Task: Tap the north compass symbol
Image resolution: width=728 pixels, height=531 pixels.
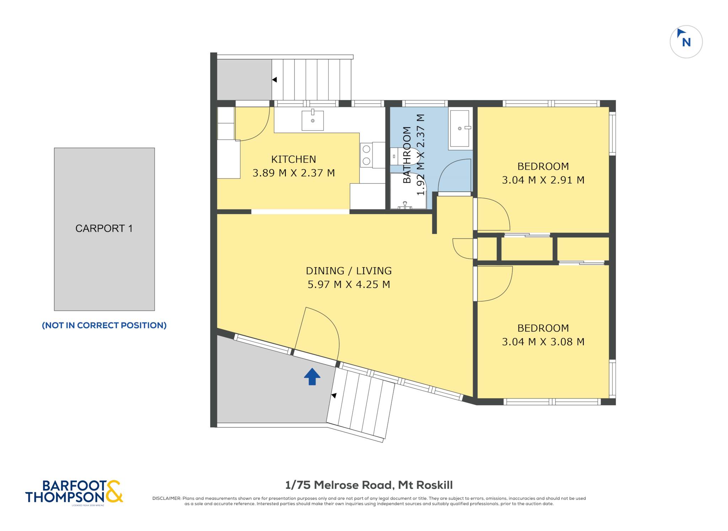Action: pyautogui.click(x=686, y=42)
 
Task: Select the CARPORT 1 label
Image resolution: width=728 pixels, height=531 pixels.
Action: pyautogui.click(x=104, y=228)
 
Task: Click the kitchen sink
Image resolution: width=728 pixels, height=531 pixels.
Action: pyautogui.click(x=313, y=120)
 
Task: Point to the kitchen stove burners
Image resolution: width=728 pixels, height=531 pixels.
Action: pyautogui.click(x=366, y=155)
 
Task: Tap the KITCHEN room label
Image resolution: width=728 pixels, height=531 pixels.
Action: pyautogui.click(x=294, y=159)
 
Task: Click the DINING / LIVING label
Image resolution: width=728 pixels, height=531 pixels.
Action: pyautogui.click(x=349, y=271)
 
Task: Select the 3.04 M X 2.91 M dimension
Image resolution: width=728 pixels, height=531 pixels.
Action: pyautogui.click(x=543, y=180)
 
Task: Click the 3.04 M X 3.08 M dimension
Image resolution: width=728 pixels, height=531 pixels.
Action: pyautogui.click(x=543, y=342)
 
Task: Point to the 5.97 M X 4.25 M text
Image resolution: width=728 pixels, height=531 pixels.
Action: pyautogui.click(x=349, y=284)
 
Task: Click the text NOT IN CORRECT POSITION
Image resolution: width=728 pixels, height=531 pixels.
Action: pyautogui.click(x=104, y=325)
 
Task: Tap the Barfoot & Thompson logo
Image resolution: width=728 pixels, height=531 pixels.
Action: pyautogui.click(x=74, y=492)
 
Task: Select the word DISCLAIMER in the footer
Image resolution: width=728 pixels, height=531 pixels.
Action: pyautogui.click(x=166, y=498)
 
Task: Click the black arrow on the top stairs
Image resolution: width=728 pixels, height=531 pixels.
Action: pyautogui.click(x=274, y=80)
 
